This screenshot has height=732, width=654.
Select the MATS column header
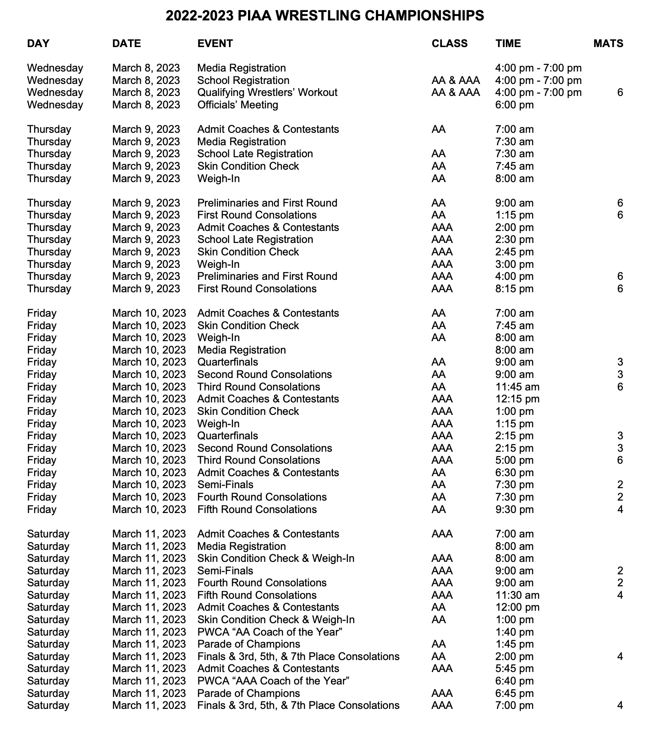point(608,44)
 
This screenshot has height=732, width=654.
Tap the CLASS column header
point(449,44)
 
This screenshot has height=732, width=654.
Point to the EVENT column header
point(215,44)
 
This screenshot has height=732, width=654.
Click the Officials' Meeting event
point(237,105)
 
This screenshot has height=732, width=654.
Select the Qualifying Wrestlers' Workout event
point(267,92)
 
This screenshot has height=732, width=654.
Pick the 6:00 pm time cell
point(514,105)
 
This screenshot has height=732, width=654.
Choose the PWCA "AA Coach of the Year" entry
point(270,632)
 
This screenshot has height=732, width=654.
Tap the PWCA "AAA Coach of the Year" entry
point(273,681)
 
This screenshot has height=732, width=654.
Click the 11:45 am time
point(517,387)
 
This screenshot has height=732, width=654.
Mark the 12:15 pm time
point(517,399)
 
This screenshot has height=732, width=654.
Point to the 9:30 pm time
point(514,509)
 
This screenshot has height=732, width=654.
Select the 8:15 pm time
point(514,289)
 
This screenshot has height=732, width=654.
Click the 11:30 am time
point(517,595)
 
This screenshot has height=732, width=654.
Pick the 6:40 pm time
point(514,681)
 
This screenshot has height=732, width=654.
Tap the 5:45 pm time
point(514,668)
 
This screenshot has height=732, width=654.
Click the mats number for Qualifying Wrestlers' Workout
point(620,92)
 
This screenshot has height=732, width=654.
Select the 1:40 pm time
point(514,632)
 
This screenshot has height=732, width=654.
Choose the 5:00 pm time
point(514,460)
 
